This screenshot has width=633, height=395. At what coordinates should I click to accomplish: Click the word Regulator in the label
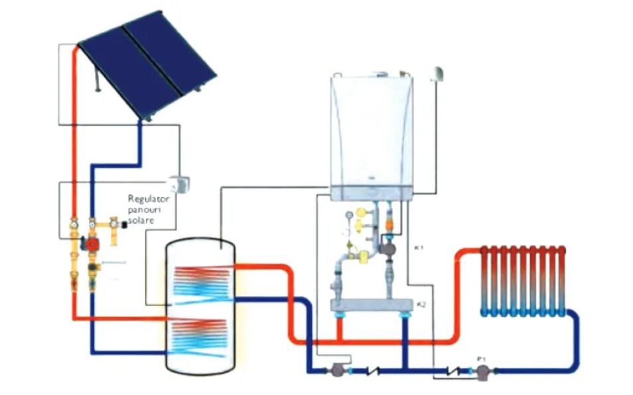(149, 198)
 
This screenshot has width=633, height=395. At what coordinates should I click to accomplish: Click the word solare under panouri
(141, 220)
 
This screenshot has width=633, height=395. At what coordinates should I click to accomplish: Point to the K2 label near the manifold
(420, 304)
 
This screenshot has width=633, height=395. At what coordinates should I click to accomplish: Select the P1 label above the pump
(482, 359)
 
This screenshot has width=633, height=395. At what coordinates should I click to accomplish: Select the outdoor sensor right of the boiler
(439, 73)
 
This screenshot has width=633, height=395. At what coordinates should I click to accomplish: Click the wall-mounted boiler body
(372, 133)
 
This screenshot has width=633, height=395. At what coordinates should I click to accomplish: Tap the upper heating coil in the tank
(199, 281)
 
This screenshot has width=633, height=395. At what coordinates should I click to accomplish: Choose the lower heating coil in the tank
(199, 339)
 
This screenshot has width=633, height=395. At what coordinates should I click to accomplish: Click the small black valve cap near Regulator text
(123, 224)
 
